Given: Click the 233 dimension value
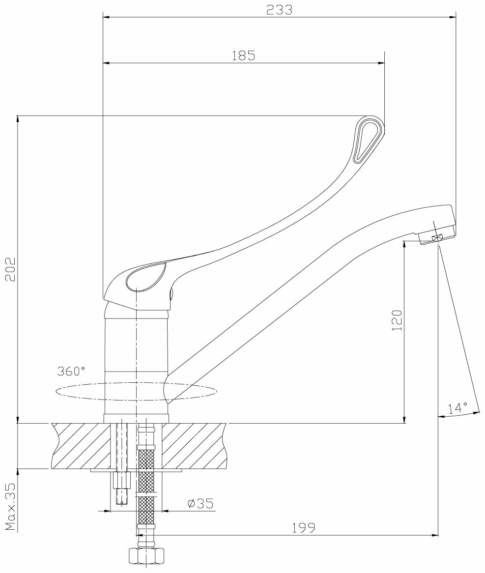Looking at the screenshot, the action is pos(279,10).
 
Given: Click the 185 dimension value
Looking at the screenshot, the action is pos(243,56).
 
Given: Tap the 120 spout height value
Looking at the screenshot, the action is pos(397,320).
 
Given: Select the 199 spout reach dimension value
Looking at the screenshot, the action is pos(304,527).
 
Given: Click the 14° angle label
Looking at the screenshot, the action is pos(458,408).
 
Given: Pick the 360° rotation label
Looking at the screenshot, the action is pos(71,372).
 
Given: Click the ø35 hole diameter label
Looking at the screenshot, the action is pos(200,504).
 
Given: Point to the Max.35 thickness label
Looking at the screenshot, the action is pos(10,507).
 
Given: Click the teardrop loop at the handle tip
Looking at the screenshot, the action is pos(369,139).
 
